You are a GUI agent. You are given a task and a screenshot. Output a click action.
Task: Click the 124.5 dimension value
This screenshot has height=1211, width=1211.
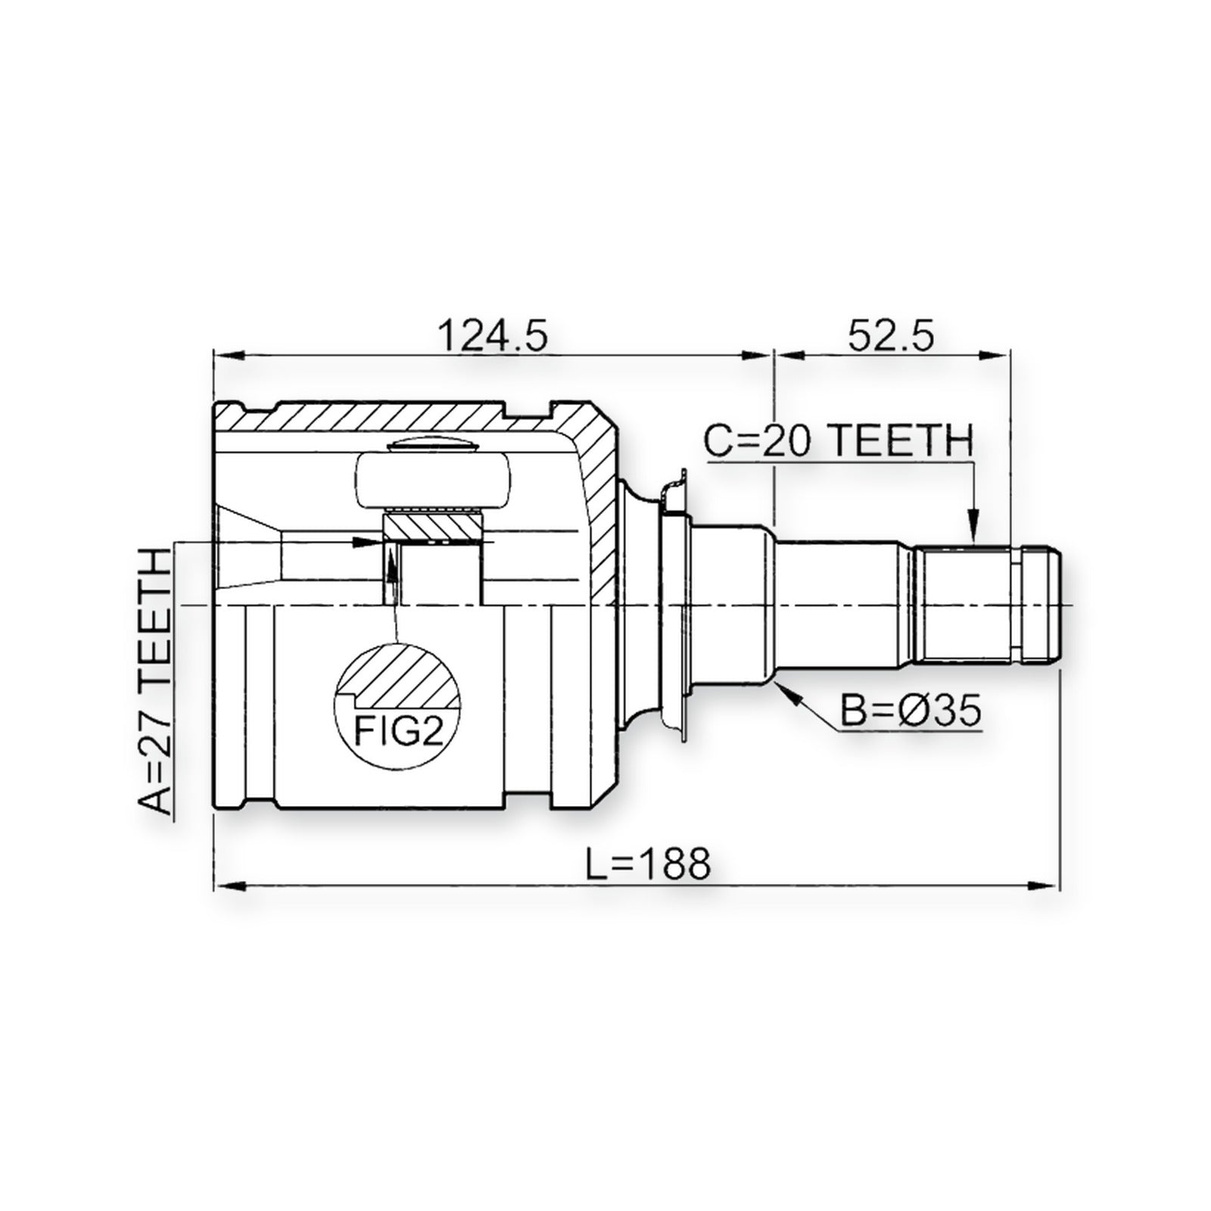tap(493, 335)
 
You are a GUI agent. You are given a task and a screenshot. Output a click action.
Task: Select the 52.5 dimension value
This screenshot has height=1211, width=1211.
tap(891, 335)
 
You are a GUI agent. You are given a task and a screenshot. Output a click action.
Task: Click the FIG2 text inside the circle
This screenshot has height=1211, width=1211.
tap(399, 730)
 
